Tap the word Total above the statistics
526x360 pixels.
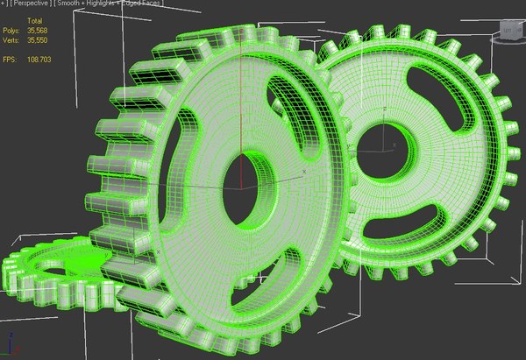pos(35,19)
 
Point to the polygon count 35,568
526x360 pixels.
pos(39,29)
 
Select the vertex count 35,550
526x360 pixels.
pos(39,39)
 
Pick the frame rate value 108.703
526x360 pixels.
pos(39,59)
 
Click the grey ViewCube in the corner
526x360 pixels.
pos(508,32)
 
